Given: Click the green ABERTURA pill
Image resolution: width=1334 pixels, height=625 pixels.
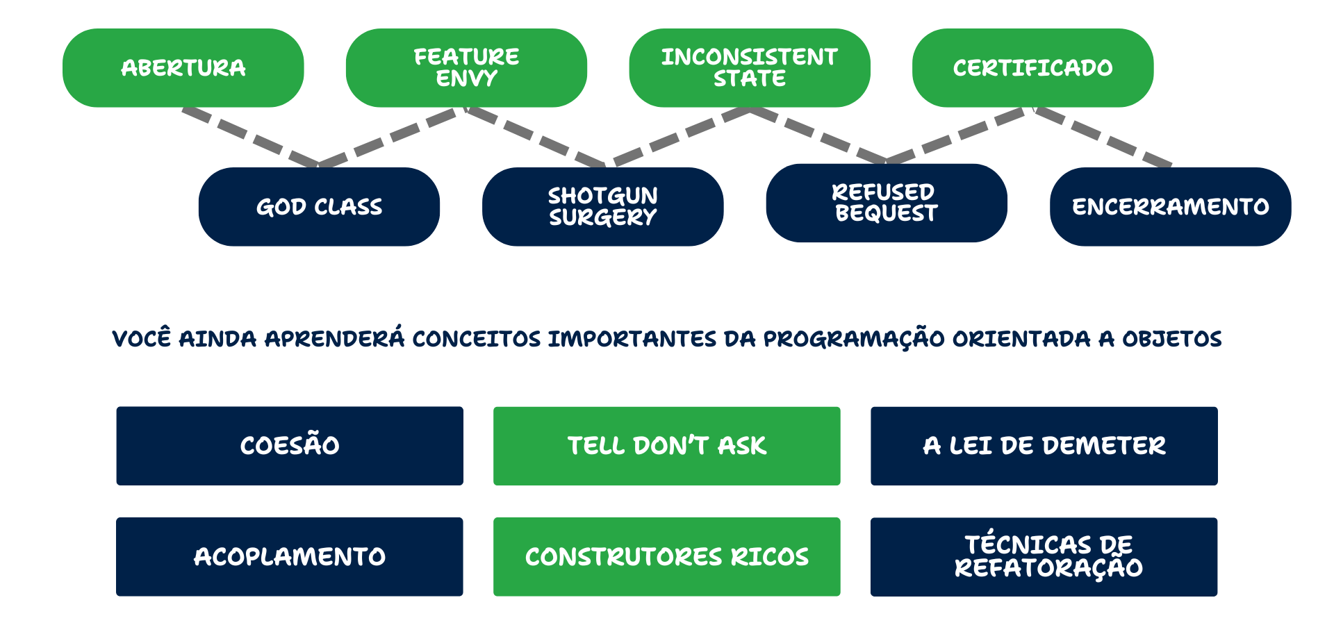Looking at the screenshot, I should click(183, 68).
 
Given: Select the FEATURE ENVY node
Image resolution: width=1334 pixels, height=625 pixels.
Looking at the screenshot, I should click(466, 68).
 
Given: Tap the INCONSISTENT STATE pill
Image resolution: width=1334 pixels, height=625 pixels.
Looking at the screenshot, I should click(750, 68).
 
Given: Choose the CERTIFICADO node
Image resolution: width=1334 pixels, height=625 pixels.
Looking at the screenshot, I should click(1033, 68).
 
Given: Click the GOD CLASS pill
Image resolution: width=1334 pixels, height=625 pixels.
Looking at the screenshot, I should click(319, 207).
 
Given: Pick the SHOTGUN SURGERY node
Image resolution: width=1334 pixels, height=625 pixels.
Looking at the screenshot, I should click(603, 207).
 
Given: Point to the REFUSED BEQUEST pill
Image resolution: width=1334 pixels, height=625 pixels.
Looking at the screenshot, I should click(887, 203).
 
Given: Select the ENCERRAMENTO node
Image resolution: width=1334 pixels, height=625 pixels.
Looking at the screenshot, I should click(1171, 207).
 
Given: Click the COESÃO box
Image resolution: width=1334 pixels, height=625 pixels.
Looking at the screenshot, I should click(290, 446).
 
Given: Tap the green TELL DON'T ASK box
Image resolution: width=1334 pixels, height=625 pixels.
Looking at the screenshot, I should click(667, 446).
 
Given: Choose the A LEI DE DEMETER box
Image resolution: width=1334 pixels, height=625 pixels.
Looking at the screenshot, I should click(1044, 446).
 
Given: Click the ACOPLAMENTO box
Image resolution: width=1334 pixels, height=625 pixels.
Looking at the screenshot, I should click(290, 557).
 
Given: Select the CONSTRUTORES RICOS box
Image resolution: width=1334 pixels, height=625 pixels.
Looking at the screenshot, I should click(667, 557).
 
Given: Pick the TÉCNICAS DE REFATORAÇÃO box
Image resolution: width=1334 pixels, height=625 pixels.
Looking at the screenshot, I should click(1044, 557).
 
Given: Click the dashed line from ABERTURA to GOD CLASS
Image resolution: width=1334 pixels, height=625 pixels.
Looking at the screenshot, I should click(250, 137).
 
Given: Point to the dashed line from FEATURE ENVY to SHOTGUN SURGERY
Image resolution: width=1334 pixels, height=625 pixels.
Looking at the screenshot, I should click(535, 137).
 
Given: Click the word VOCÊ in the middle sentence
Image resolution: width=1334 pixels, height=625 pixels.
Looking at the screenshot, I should click(141, 338).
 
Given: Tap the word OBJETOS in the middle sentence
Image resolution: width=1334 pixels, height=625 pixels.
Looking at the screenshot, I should click(1172, 339).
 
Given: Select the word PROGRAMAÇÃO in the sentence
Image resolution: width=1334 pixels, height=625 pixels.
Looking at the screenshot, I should click(854, 339).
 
